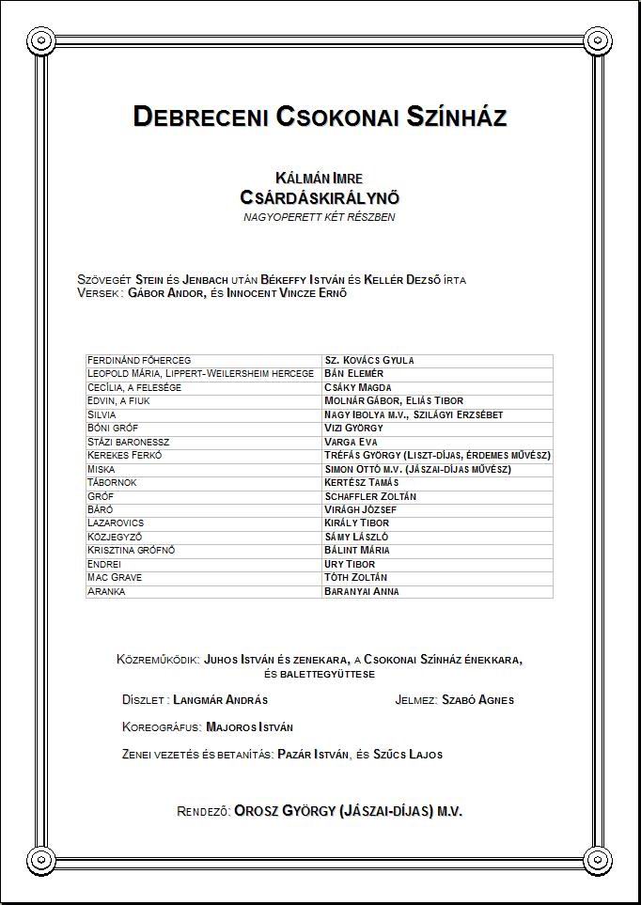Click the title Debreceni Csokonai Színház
320,117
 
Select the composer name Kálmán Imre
320,178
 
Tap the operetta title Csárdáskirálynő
320,197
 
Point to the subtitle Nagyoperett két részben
320,217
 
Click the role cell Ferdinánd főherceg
139,360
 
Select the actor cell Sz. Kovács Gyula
369,360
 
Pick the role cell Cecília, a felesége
134,387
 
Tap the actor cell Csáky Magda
358,387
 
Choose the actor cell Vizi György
353,428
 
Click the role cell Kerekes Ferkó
125,455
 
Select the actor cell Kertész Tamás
361,482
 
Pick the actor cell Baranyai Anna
362,591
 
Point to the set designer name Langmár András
221,700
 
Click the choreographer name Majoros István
249,727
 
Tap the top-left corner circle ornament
41,40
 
